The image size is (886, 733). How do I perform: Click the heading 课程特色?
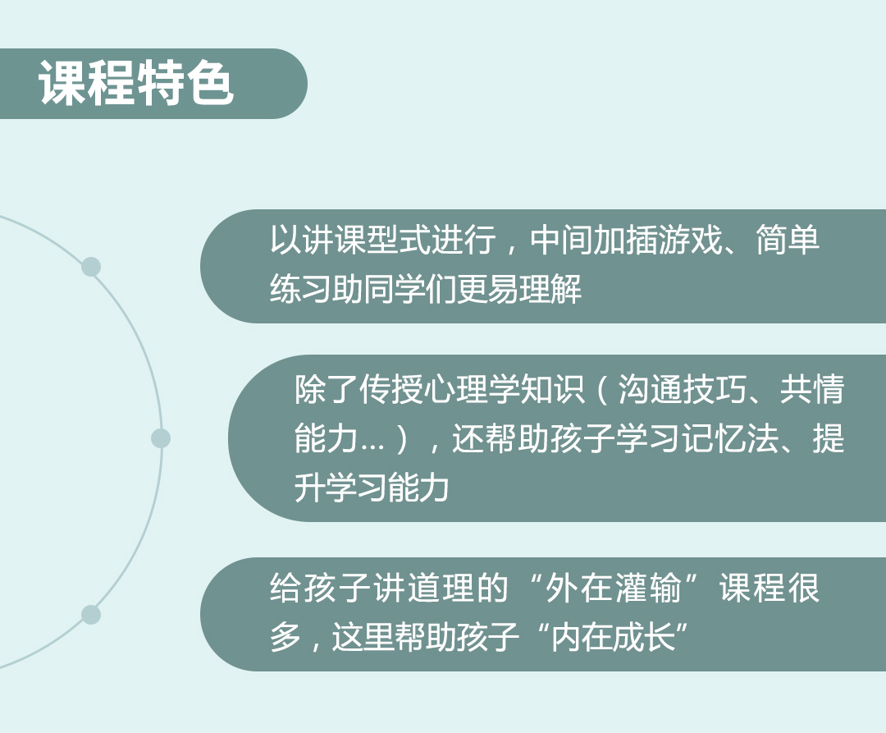point(136,83)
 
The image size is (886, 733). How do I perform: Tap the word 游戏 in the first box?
point(691,240)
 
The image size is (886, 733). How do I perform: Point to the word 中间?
point(562,240)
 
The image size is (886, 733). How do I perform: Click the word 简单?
point(788,240)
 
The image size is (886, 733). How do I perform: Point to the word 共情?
point(812,389)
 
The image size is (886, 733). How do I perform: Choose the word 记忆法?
point(731,438)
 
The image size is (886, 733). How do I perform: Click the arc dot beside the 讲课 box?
point(91,267)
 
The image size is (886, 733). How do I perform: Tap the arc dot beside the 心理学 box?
point(161,438)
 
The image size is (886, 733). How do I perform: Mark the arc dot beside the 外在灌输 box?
point(91,615)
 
